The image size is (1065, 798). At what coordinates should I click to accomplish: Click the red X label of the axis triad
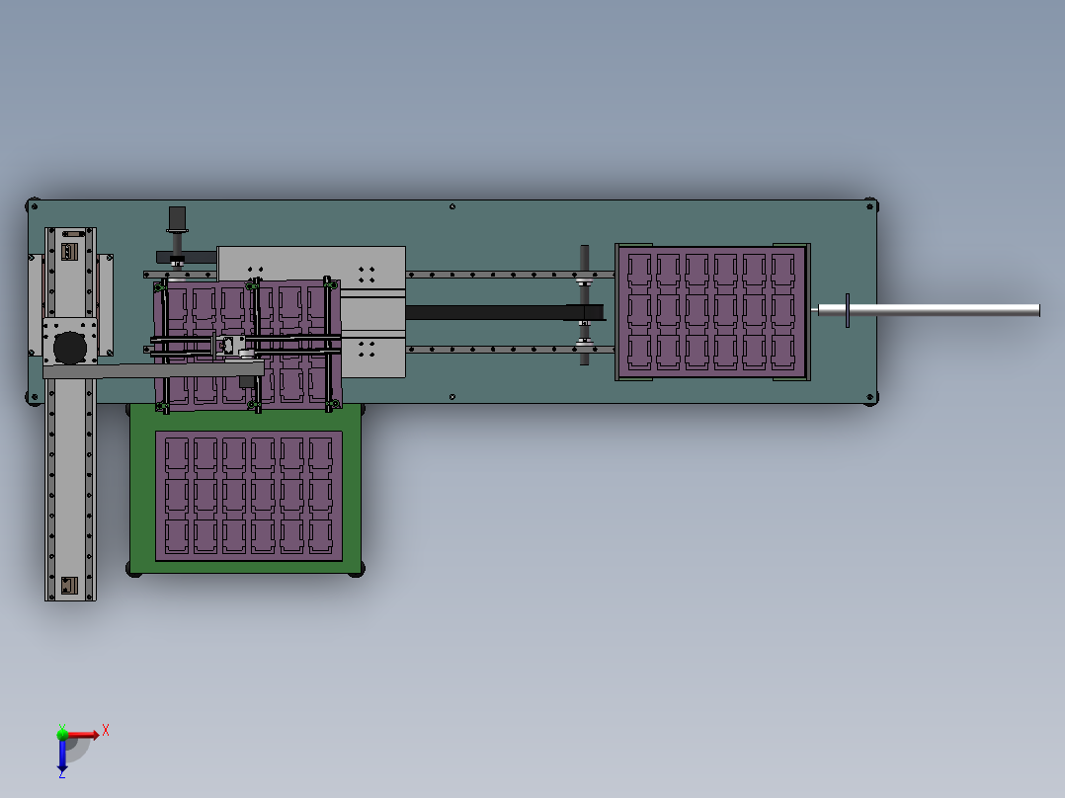click(x=106, y=731)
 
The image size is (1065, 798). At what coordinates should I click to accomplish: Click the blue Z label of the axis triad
click(x=62, y=773)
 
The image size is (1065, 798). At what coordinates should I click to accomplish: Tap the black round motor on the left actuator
click(x=70, y=348)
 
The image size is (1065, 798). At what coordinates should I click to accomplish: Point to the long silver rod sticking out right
click(x=929, y=310)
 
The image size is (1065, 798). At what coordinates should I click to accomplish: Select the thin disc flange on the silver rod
click(x=847, y=310)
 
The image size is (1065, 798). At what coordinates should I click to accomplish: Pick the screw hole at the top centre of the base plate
click(x=452, y=206)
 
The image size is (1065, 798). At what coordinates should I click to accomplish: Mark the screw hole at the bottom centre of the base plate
click(x=452, y=397)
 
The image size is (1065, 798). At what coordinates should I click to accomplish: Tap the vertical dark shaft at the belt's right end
click(x=584, y=305)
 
